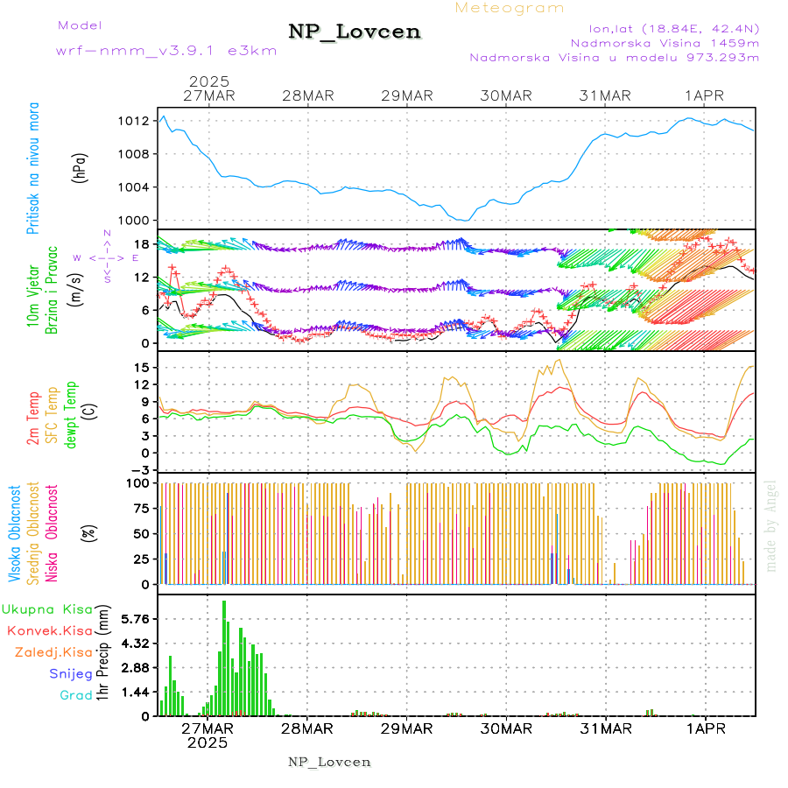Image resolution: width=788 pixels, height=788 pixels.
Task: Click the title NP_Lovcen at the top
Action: coord(355,32)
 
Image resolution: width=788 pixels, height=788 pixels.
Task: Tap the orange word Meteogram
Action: coord(510,8)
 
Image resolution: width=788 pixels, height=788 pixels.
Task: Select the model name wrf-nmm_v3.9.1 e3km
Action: coord(165,51)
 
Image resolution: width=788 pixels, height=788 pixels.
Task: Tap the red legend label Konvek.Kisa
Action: coord(49,630)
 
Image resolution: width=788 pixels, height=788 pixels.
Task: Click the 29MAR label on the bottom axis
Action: coord(406,728)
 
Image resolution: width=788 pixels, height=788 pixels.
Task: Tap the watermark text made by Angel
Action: coord(771,525)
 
